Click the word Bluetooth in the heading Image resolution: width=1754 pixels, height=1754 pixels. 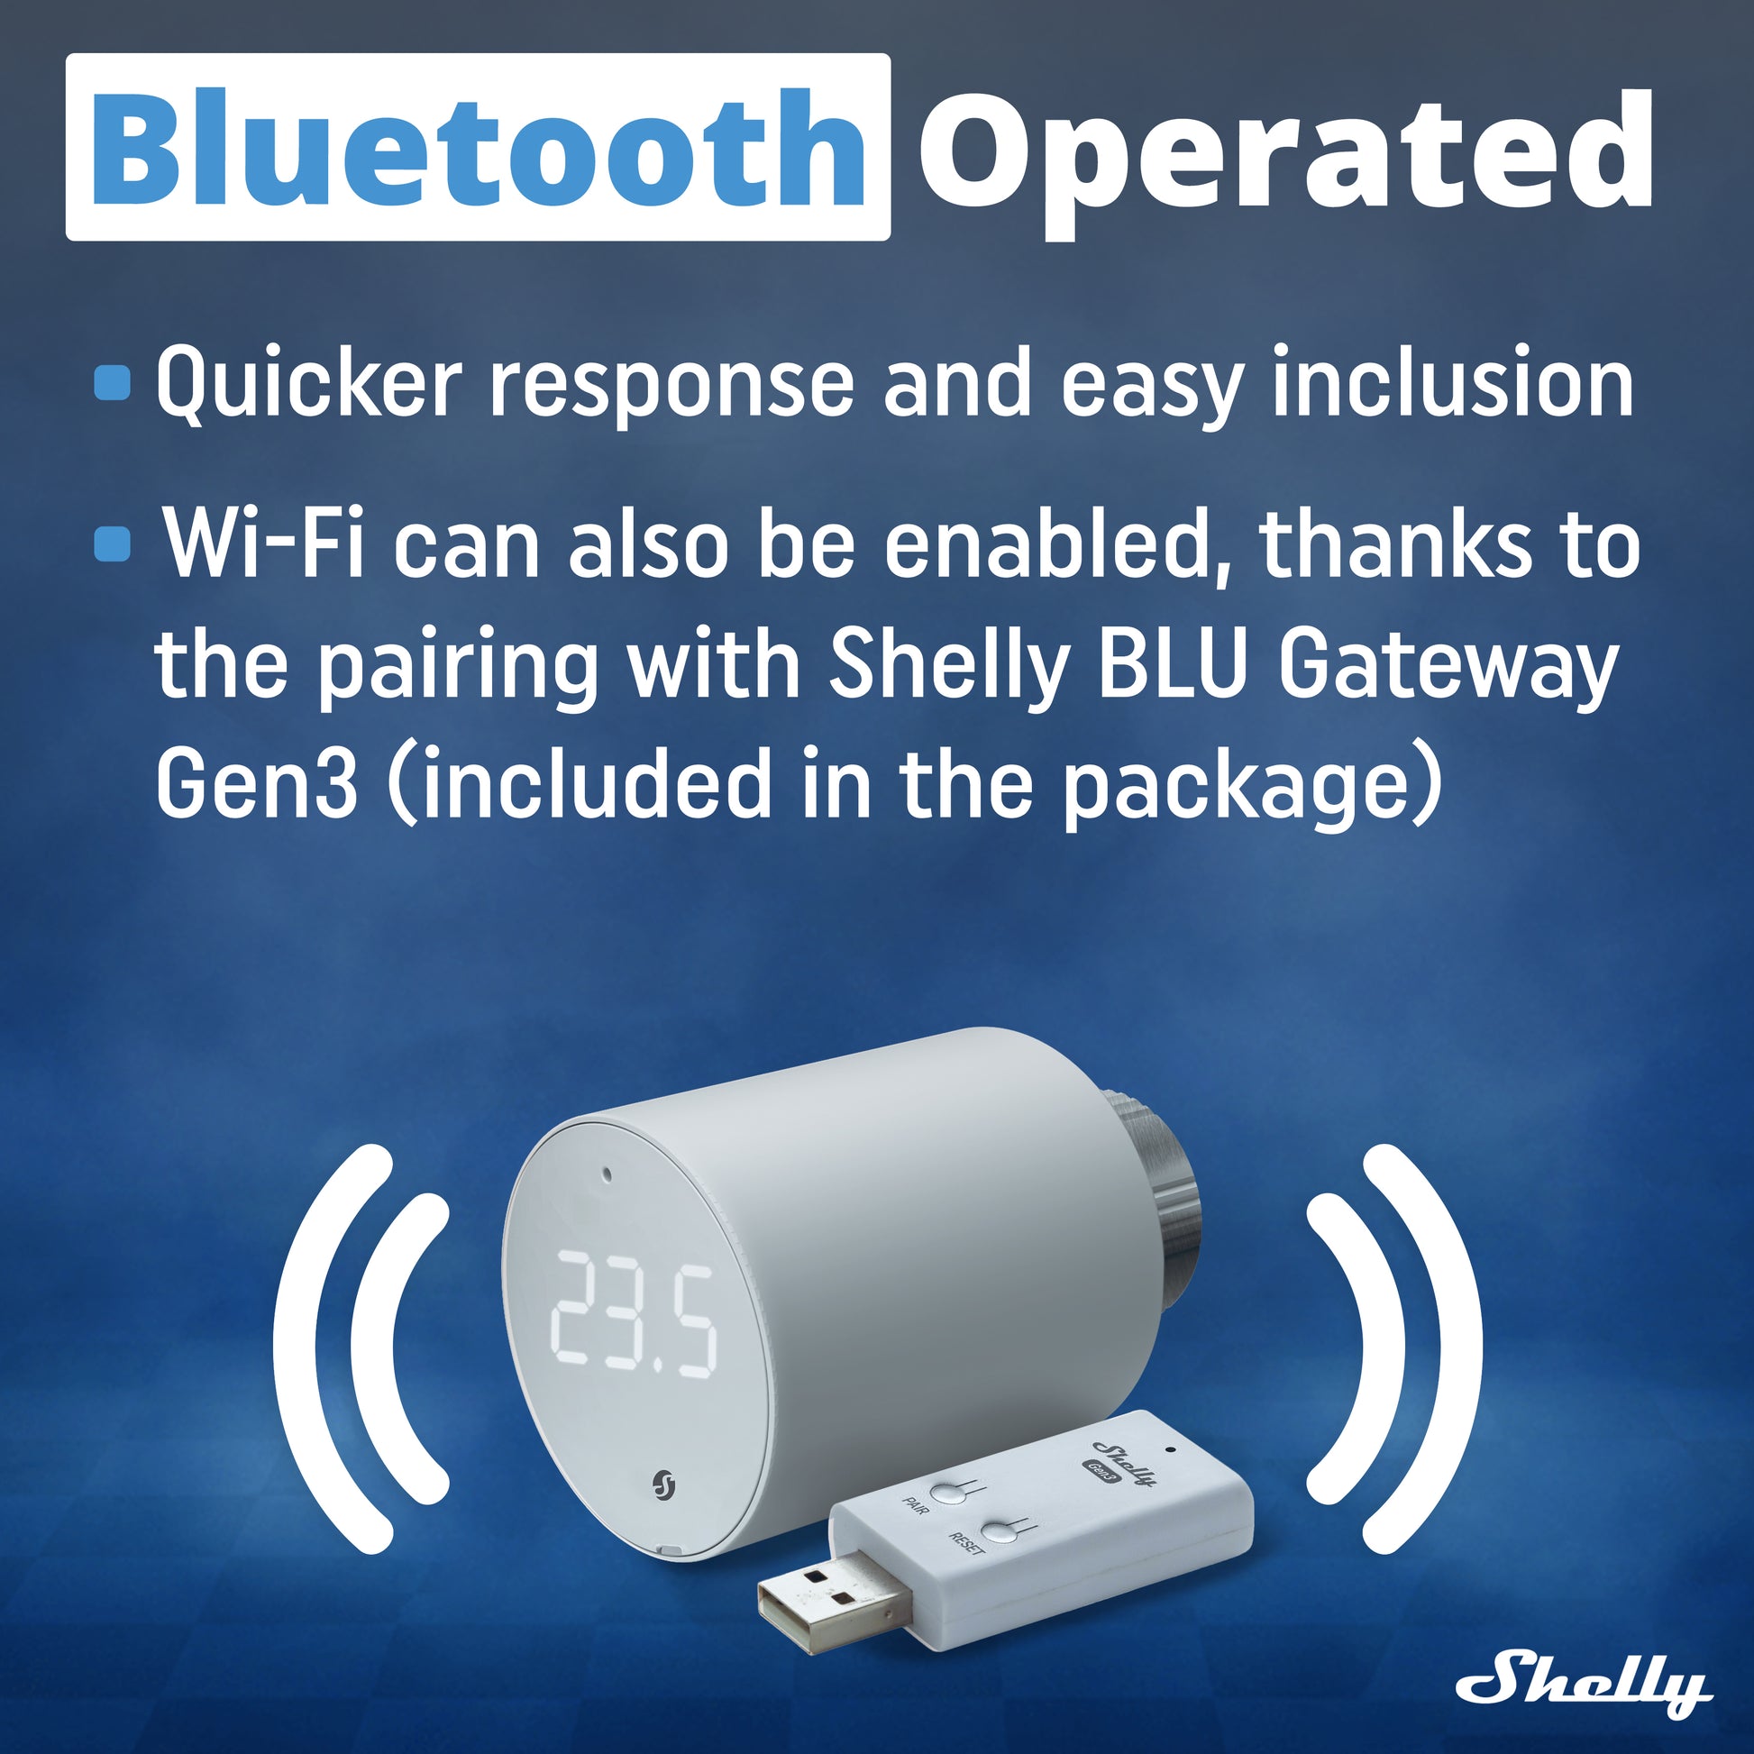click(479, 148)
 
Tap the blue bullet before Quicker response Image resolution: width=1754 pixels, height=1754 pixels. click(113, 382)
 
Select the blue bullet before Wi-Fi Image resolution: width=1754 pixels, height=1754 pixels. click(113, 544)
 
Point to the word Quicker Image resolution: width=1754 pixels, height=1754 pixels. click(308, 382)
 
